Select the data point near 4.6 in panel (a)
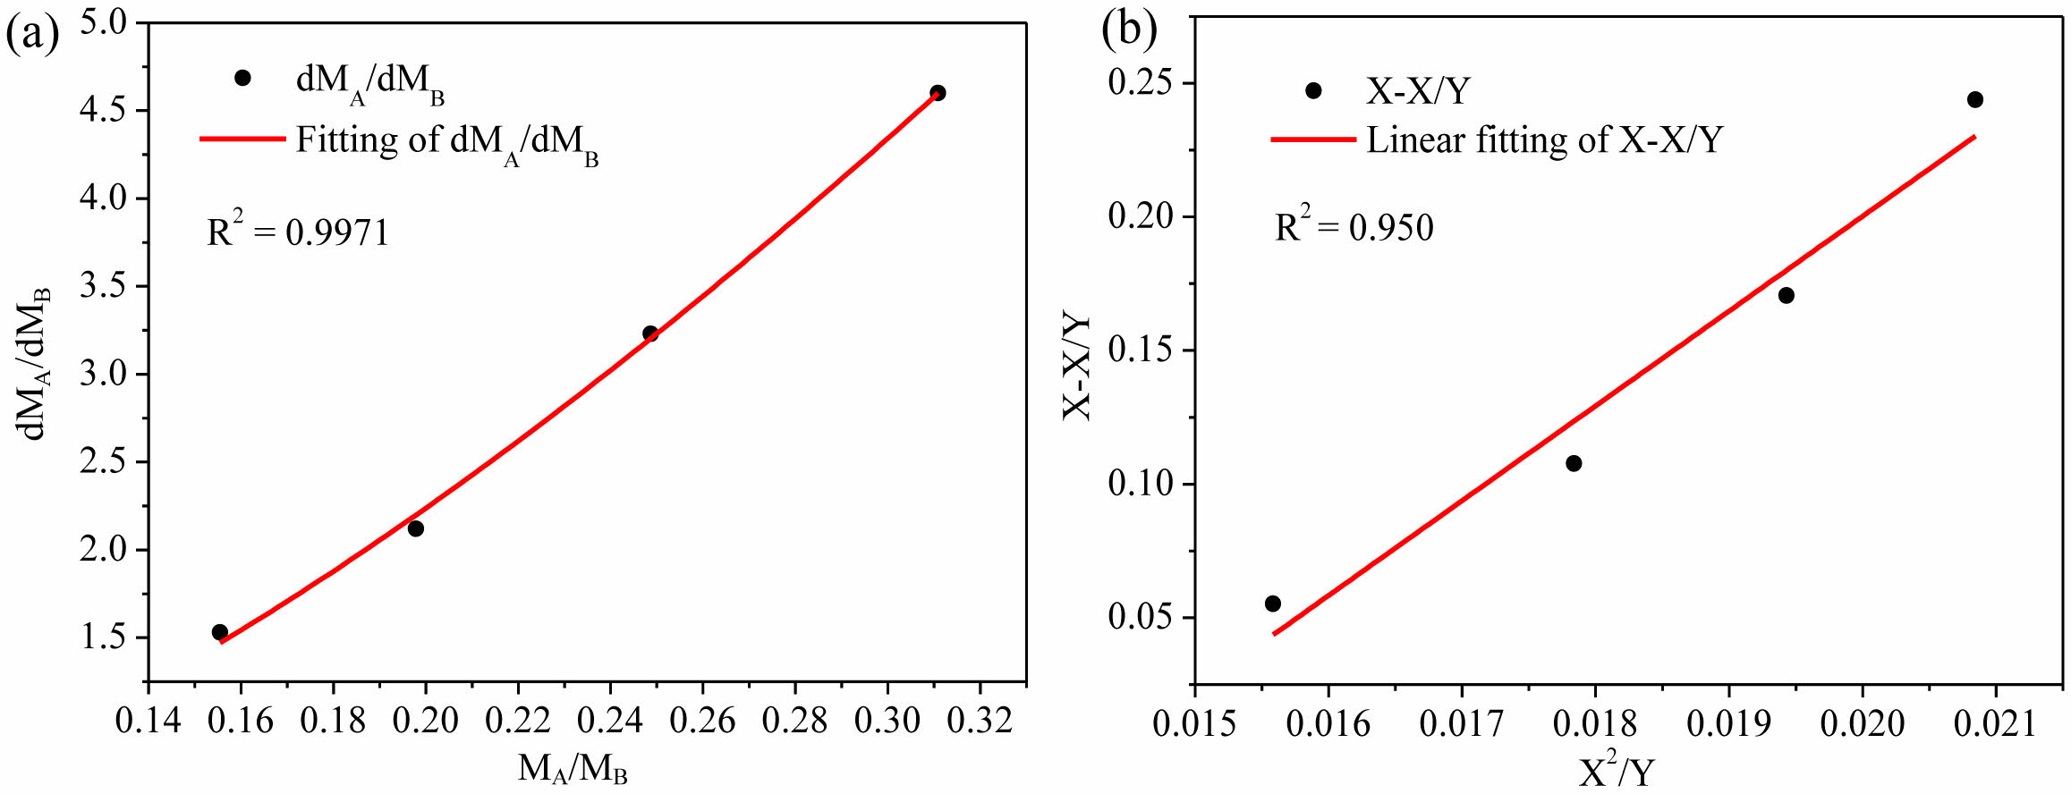click(938, 93)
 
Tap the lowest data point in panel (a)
click(220, 632)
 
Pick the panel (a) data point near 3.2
click(650, 334)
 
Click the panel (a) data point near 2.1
click(416, 528)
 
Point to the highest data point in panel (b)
click(1975, 99)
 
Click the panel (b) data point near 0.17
click(1787, 295)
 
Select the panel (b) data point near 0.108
click(1574, 463)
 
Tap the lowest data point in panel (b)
click(1273, 604)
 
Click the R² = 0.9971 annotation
click(299, 232)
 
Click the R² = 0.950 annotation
click(1354, 227)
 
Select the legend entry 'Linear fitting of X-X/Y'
click(1543, 140)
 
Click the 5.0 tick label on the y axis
click(105, 22)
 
